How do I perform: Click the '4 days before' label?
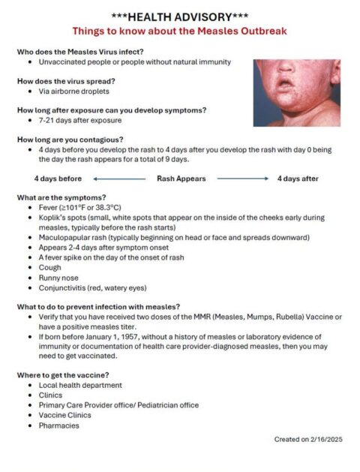click(x=58, y=179)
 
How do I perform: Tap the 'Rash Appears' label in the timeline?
click(x=181, y=179)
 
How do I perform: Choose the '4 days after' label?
click(x=298, y=179)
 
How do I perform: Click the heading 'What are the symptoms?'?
click(x=62, y=197)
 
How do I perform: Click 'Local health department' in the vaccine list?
click(x=80, y=385)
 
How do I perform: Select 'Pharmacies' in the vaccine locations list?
click(x=59, y=425)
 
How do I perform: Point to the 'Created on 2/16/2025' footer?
click(x=307, y=439)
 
